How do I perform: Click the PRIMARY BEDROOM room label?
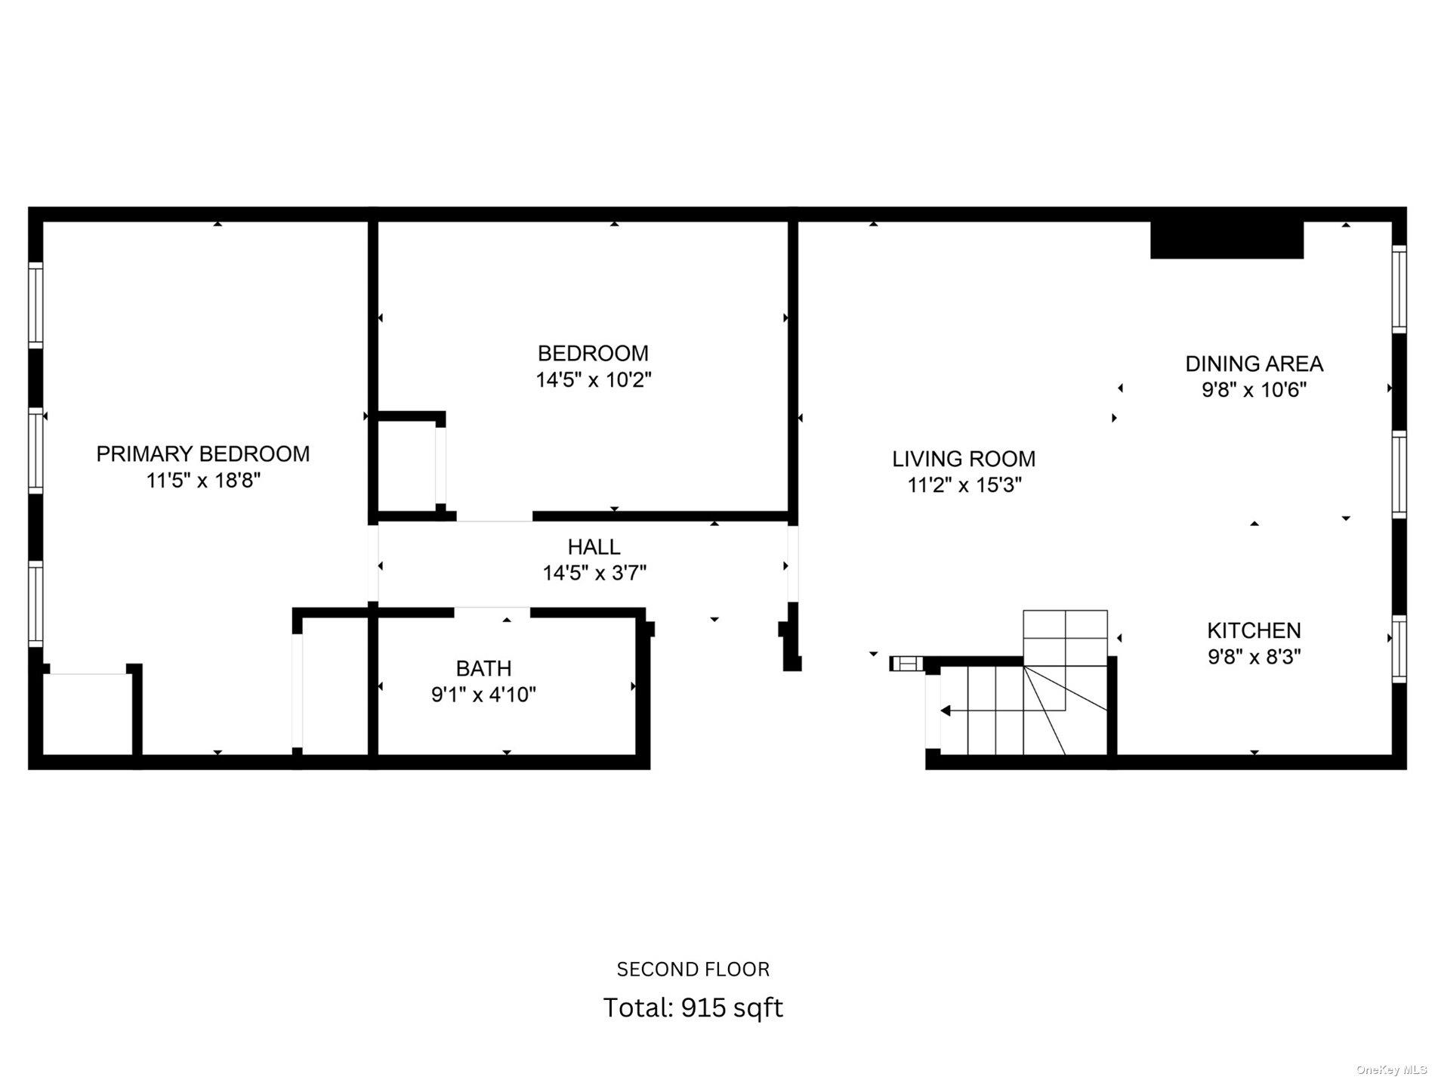202,453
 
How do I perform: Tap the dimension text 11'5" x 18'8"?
202,481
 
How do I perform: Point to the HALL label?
594,546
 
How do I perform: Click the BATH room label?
483,668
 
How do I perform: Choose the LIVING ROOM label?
964,459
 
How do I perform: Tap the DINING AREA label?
1254,364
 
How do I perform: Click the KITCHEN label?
1254,630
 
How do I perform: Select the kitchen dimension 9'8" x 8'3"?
1254,657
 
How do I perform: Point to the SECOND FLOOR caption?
693,969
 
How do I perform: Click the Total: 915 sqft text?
693,1007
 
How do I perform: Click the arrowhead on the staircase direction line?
945,710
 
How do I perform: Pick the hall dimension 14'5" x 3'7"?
594,573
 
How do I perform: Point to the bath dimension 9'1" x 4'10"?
483,695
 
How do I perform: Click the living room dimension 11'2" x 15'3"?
964,485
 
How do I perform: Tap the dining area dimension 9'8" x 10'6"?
1254,390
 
